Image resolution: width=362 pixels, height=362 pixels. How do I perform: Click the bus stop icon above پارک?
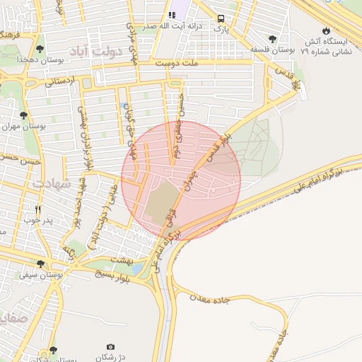coord(221,19)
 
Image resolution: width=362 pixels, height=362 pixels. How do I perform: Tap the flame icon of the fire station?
coord(325,30)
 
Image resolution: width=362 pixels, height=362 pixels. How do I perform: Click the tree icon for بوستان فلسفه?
coord(273,39)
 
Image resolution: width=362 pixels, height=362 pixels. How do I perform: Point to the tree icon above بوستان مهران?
coord(24,115)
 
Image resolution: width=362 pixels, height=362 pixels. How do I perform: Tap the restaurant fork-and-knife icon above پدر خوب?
coord(38,210)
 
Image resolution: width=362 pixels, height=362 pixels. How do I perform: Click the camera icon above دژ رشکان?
coord(110,346)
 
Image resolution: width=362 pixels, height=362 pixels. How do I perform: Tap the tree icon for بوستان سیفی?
coord(40,264)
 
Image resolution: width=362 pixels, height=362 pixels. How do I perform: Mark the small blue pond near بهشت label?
coord(135,269)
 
